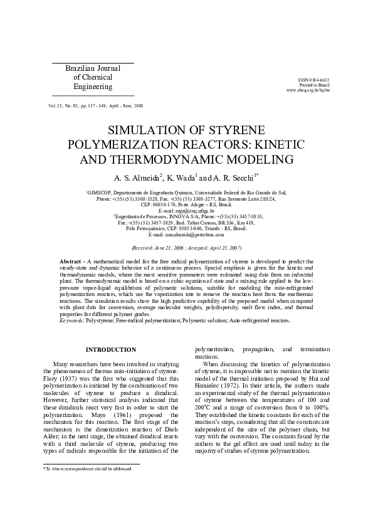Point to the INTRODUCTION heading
[x=110, y=349]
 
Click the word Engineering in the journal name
[x=93, y=87]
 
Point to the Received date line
[x=186, y=248]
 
